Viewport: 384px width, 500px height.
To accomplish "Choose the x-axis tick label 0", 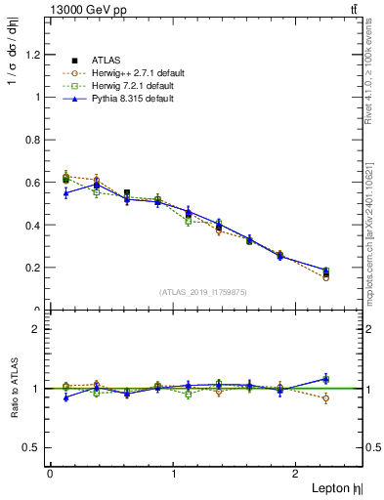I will point(50,474).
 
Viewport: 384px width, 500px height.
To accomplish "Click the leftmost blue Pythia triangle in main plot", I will point(65,193).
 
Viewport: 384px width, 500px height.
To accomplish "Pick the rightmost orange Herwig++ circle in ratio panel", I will point(325,398).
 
